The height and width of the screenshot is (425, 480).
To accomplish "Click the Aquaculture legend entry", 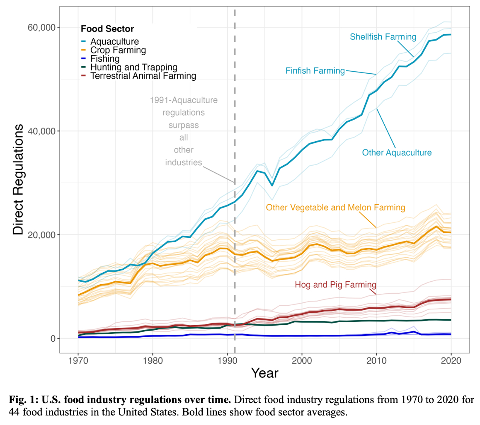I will pos(114,41).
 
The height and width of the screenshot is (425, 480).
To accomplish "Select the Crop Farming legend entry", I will pos(118,50).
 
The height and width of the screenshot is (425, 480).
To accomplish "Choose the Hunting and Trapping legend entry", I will pos(133,67).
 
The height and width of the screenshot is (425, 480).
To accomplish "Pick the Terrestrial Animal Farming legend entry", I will pos(143,76).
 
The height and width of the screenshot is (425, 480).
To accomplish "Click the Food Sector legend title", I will pos(107,29).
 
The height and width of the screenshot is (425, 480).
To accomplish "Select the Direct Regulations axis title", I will pos(18,179).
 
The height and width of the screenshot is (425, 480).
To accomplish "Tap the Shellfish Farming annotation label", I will pos(383,37).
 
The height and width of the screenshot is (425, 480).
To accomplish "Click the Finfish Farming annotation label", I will pos(315,71).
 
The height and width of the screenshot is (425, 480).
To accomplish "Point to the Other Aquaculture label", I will pos(397,153).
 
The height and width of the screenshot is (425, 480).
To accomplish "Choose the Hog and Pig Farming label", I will pos(335,285).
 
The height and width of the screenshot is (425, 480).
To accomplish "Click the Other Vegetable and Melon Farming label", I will pos(335,207).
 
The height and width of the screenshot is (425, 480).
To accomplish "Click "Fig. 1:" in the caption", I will pos(23,400).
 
